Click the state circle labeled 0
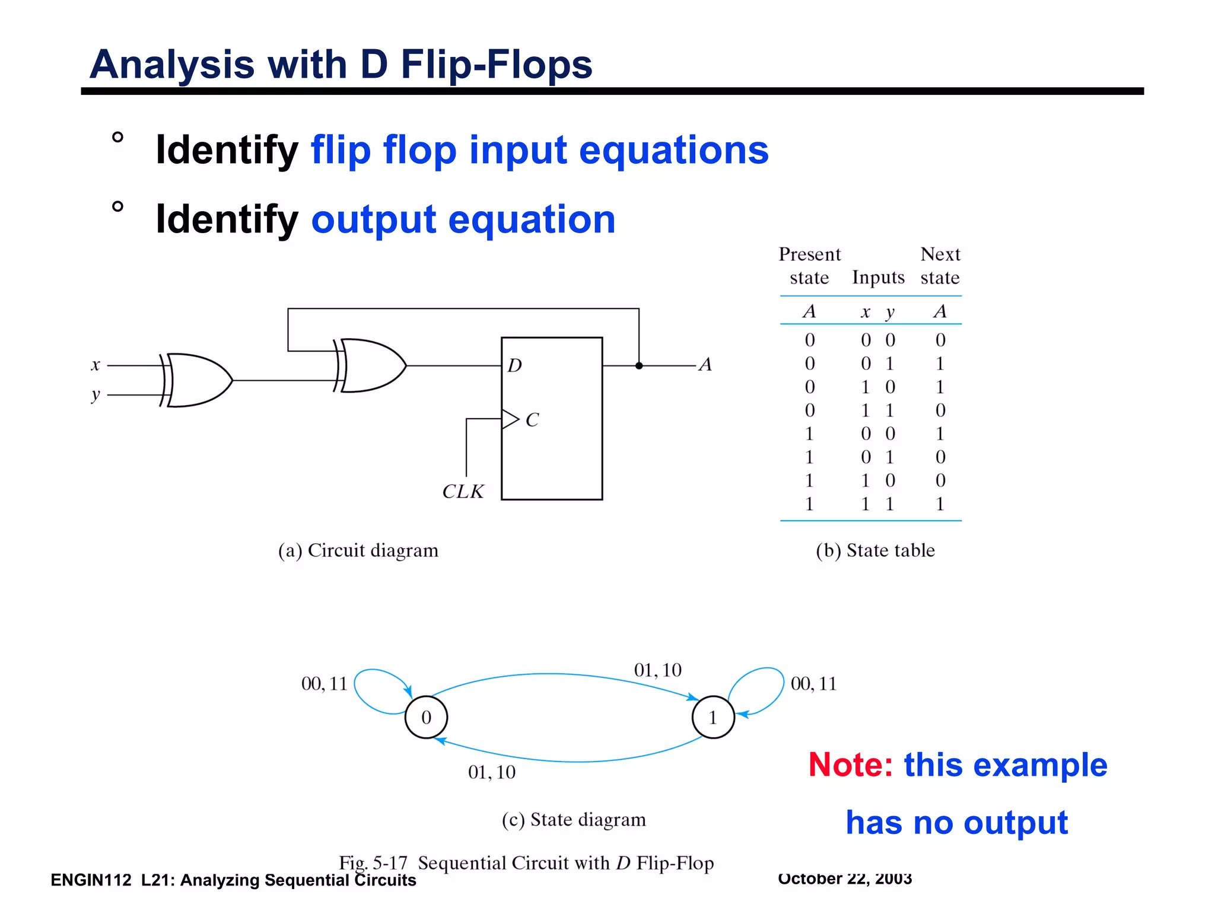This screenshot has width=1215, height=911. coord(426,717)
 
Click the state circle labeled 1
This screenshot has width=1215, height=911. coord(713,717)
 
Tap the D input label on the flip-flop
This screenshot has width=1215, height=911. coord(514,365)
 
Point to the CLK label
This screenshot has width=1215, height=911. coord(463,492)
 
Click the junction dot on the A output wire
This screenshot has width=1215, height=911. coord(639,366)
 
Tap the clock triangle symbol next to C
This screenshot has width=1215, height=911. coord(510,419)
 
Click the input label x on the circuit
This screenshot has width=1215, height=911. coord(96,365)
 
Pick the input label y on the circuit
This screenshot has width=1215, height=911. coord(96,394)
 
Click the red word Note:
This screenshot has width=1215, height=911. coord(851,765)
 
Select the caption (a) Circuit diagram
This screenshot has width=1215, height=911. coord(358,550)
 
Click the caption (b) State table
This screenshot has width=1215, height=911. coord(875,550)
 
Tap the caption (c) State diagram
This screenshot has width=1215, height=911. coord(574,820)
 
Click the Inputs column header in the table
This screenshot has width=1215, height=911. coord(878,278)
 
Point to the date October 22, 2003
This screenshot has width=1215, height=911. coord(845,878)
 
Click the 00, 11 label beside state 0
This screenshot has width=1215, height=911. coord(324,684)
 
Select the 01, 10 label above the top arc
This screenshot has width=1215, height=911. coord(658,670)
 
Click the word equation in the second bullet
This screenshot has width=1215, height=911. coord(532,219)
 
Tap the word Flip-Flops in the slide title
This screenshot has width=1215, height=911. coord(497,64)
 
